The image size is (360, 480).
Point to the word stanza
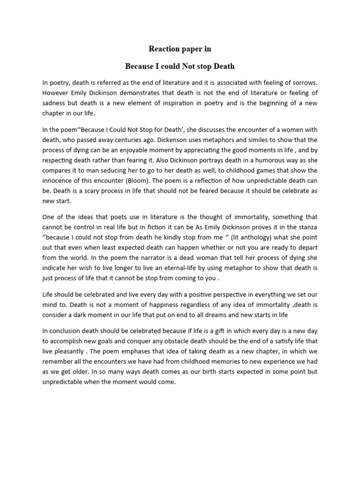[306, 228]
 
